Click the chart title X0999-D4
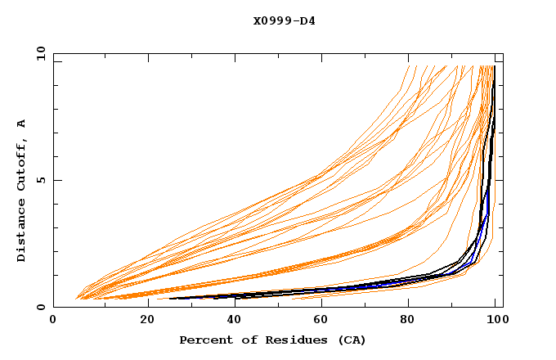(284, 20)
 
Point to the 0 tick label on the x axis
(53, 321)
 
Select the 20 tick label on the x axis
(142, 321)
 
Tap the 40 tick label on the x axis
(231, 321)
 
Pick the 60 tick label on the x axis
(320, 321)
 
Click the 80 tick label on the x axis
(408, 321)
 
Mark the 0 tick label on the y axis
(40, 308)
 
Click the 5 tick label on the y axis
(40, 180)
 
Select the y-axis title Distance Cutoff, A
(21, 191)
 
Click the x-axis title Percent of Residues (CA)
(272, 340)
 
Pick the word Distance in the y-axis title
(21, 233)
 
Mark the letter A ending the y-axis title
(21, 123)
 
